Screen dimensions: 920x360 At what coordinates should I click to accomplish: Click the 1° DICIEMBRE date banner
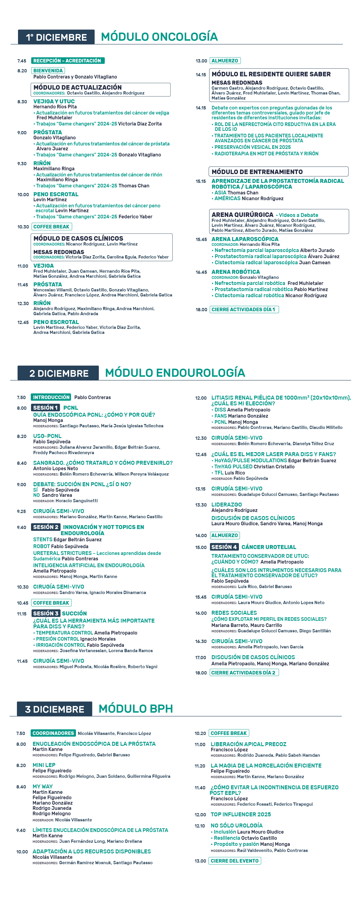(x=56, y=37)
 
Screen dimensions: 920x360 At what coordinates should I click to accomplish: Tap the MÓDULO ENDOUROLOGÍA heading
(x=175, y=372)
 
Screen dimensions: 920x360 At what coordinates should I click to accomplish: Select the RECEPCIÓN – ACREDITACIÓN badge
(x=67, y=61)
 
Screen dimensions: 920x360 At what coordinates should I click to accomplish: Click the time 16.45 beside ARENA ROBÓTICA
(x=201, y=272)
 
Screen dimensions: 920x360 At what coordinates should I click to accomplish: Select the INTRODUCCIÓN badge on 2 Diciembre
(x=51, y=397)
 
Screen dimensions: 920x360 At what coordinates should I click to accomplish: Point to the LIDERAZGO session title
(x=226, y=505)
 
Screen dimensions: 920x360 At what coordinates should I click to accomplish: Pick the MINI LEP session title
(x=44, y=765)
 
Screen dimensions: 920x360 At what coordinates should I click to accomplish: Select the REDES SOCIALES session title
(x=234, y=613)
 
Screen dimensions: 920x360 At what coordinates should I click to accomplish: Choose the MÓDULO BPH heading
(x=136, y=708)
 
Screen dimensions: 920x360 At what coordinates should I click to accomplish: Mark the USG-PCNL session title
(x=47, y=436)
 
